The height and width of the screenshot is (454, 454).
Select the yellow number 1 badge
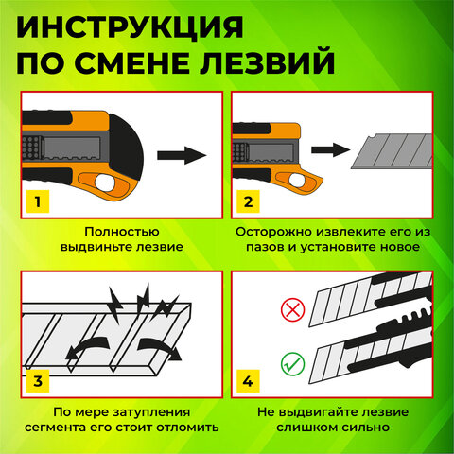click(37, 201)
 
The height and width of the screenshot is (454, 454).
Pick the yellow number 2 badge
click(249, 201)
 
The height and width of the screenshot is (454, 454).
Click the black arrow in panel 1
click(180, 154)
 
